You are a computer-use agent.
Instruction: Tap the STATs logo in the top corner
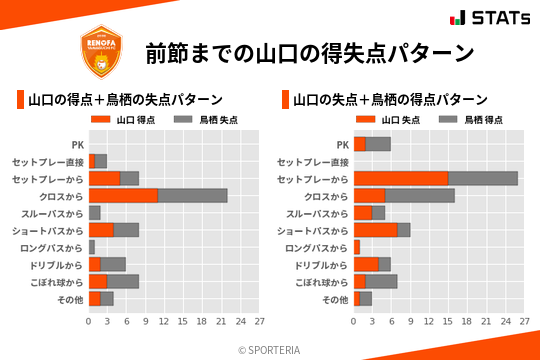(488, 17)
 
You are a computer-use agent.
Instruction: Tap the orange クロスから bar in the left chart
(123, 195)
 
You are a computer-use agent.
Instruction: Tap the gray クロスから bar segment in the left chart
(193, 195)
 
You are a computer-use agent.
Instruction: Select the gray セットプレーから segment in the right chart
(483, 178)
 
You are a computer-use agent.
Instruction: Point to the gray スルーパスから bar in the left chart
(94, 213)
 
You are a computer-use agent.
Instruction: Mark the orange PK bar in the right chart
(359, 144)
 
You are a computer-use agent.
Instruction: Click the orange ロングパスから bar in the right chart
(356, 247)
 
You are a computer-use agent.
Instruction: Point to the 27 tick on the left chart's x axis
(259, 321)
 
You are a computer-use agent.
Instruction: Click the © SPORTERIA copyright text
(270, 349)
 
